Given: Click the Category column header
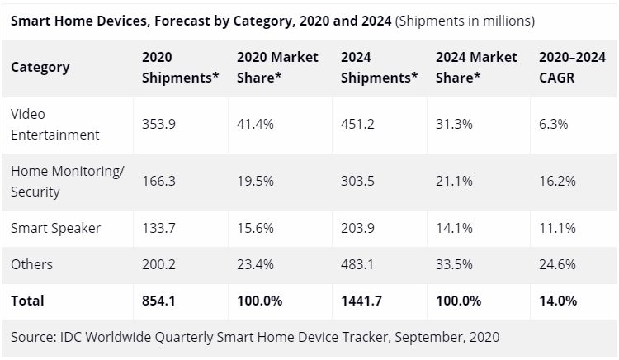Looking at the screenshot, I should pyautogui.click(x=40, y=67).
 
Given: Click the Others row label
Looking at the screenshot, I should pyautogui.click(x=31, y=264).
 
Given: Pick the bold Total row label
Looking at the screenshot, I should pyautogui.click(x=27, y=301).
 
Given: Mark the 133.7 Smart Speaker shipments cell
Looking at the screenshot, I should pyautogui.click(x=158, y=229).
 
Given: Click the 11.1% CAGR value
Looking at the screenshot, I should pyautogui.click(x=556, y=229).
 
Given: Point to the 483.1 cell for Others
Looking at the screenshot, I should pyautogui.click(x=357, y=264).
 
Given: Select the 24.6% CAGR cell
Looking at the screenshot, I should pyautogui.click(x=557, y=264).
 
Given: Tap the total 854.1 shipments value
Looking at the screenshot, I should pyautogui.click(x=159, y=301).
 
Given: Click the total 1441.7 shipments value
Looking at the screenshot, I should pyautogui.click(x=361, y=301).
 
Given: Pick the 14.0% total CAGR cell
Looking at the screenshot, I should pyautogui.click(x=558, y=301).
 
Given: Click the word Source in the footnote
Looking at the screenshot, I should pyautogui.click(x=34, y=337).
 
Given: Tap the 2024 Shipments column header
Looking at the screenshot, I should pyautogui.click(x=379, y=67).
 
